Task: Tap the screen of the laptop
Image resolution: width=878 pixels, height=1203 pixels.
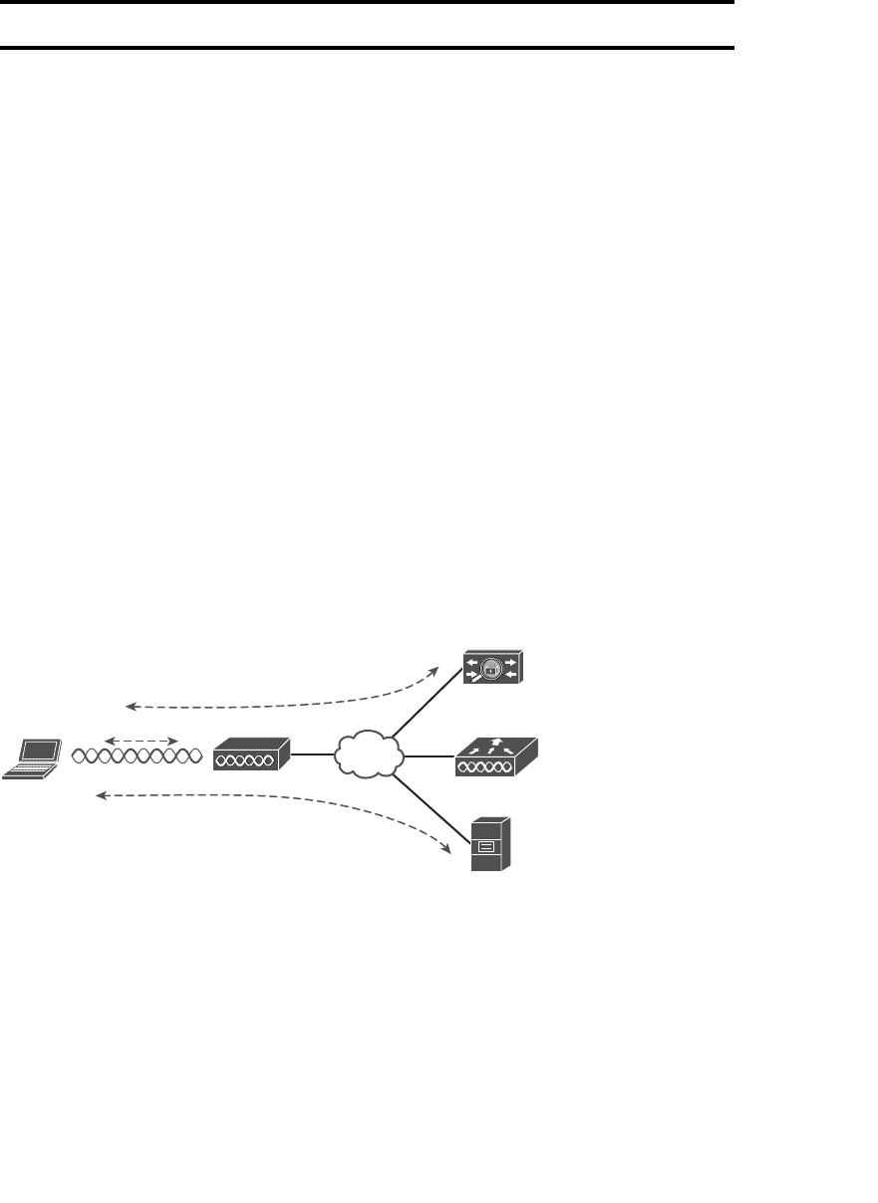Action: coord(42,750)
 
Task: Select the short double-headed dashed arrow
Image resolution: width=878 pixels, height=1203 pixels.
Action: coord(141,741)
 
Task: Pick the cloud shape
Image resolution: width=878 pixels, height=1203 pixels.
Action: coord(369,754)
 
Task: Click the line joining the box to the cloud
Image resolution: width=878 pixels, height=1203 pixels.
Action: coord(312,754)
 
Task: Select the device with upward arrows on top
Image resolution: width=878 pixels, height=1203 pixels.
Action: coord(494,756)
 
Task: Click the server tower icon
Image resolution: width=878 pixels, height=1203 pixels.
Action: coord(491,843)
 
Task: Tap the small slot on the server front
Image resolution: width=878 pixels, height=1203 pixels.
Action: coord(486,847)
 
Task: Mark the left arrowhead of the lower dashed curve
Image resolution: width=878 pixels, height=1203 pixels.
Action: coord(101,795)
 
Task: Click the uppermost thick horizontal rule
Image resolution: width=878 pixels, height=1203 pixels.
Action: coord(367,3)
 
